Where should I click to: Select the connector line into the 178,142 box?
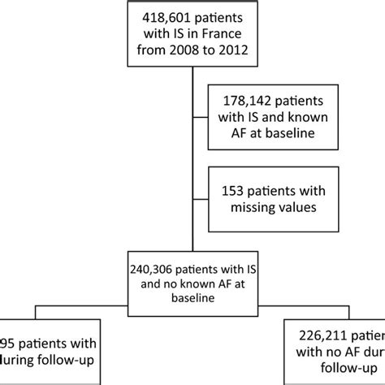(200, 119)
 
